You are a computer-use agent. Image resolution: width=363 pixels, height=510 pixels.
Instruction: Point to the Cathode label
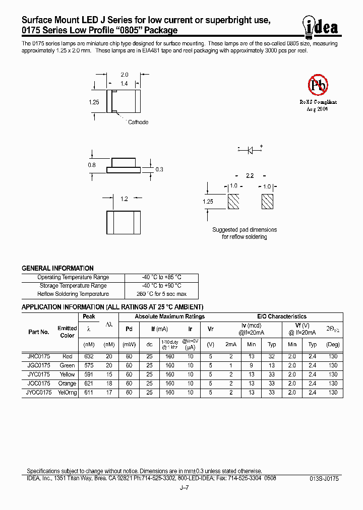pos(138,122)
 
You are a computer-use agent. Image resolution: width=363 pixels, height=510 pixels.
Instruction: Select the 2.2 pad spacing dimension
pos(250,176)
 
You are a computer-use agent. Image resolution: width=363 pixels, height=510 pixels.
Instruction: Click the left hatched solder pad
pos(233,202)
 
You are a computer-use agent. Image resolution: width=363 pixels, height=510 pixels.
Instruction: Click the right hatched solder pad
pos(267,202)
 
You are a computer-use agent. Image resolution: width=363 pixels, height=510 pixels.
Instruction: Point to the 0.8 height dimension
pos(92,164)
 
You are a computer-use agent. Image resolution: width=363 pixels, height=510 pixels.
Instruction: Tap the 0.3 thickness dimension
pos(159,169)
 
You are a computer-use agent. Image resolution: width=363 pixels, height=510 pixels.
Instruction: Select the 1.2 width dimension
pos(124,199)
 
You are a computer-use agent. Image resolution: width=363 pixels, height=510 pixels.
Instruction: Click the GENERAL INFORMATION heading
pos(57,269)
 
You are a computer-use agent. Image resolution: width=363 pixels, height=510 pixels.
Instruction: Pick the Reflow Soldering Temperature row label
pos(73,294)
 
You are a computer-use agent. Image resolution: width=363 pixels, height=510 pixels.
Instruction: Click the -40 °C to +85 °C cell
pos(161,277)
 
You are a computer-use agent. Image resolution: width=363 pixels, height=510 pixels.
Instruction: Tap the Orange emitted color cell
pos(67,384)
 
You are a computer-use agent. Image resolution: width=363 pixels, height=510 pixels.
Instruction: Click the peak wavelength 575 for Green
pos(89,365)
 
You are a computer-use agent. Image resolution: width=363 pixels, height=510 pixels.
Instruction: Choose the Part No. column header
pos(38,332)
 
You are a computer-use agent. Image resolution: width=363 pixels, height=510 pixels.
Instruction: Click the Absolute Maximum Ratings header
pos(170,316)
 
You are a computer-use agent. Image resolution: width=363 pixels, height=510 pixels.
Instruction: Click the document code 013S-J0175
pos(324,478)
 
